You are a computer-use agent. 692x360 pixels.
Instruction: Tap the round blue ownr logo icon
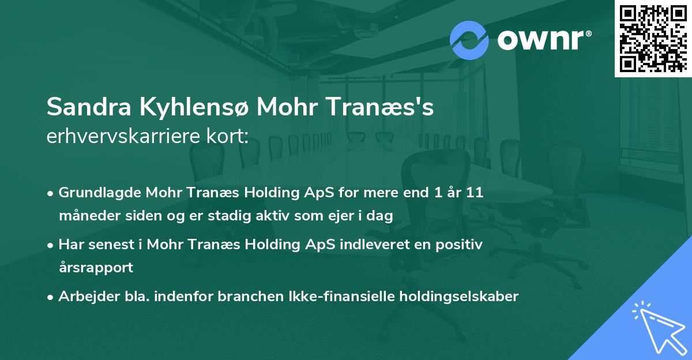[469, 40]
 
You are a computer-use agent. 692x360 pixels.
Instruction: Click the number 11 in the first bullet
[475, 193]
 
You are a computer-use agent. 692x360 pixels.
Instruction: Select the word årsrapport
[96, 268]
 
